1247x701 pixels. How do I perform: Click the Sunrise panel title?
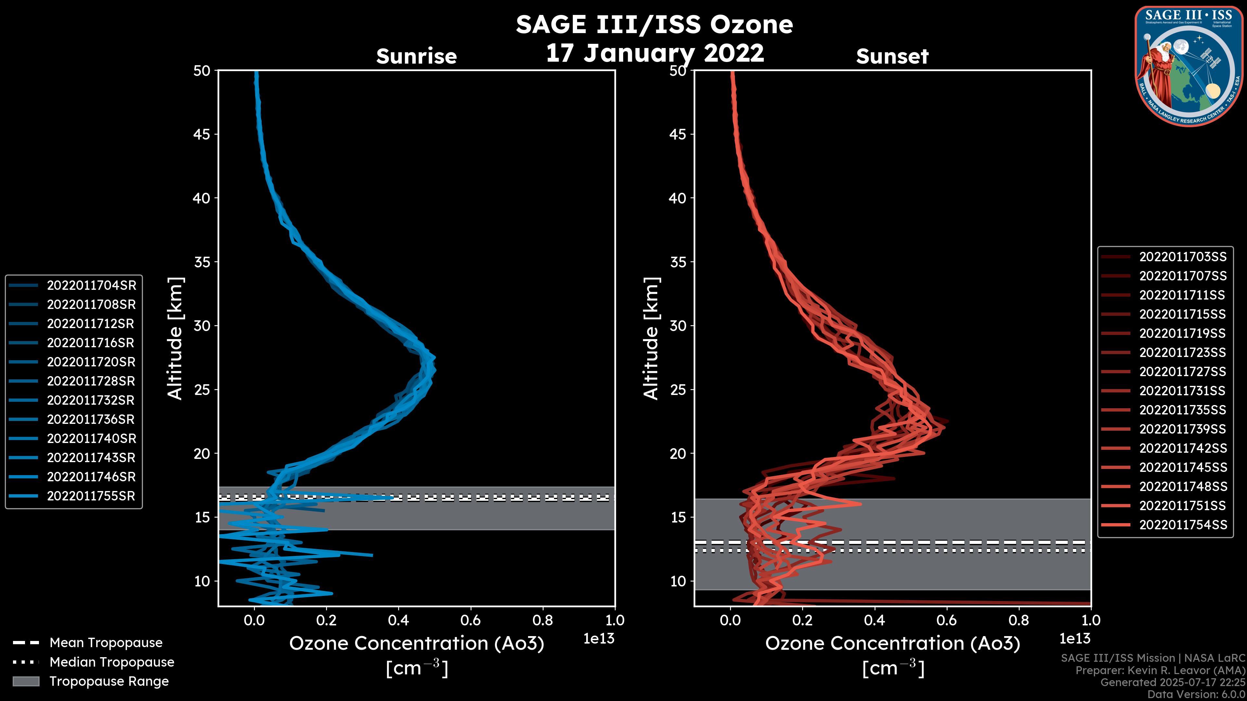416,56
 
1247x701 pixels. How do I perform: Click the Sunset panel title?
892,56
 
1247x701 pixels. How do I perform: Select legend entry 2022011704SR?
91,286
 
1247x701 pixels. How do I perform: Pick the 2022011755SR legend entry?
91,496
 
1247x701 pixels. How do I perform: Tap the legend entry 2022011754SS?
1183,525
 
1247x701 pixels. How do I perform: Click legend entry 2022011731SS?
1183,391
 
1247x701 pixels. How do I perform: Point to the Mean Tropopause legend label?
106,643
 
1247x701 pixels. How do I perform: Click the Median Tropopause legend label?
112,662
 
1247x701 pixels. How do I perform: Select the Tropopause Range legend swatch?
26,681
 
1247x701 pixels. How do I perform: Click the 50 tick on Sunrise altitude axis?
202,71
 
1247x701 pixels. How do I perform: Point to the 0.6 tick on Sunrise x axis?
471,620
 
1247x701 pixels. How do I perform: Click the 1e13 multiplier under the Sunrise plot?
599,639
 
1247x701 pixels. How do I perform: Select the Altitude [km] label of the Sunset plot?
651,338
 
